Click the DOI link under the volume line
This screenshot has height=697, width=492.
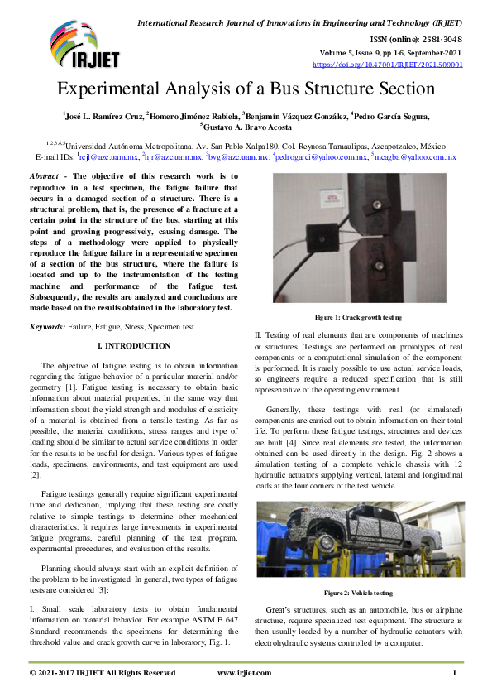[x=387, y=64]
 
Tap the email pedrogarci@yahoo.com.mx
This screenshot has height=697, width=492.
[x=332, y=156]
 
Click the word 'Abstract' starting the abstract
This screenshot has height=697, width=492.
[x=48, y=176]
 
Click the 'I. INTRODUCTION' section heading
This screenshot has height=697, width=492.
[x=134, y=345]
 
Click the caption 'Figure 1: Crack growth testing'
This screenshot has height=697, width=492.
[x=358, y=317]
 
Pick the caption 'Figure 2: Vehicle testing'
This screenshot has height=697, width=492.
[x=358, y=593]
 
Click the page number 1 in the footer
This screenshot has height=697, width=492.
[x=454, y=673]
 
